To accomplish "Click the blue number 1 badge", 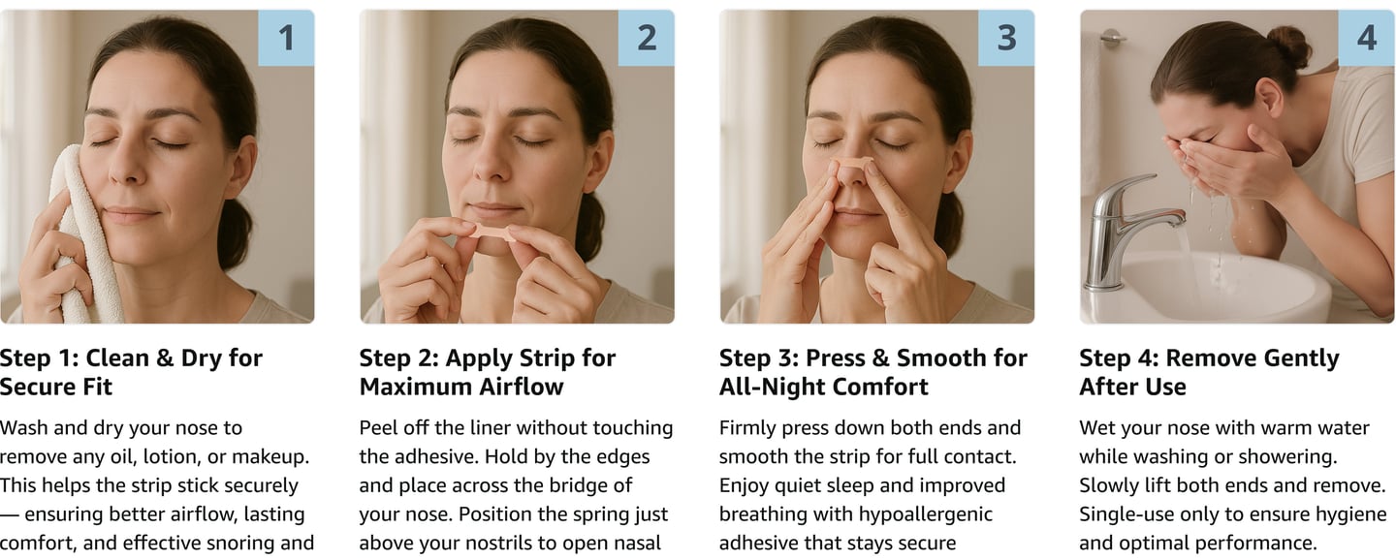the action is (x=286, y=38).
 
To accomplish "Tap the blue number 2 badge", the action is (x=647, y=38).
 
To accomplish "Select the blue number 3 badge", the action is (x=1006, y=38).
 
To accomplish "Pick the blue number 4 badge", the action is (x=1367, y=38).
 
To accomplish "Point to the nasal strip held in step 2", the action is (x=492, y=233).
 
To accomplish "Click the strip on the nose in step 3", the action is (x=851, y=165).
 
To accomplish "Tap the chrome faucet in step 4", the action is (x=1122, y=231).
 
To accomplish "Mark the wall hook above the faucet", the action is (x=1112, y=38).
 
